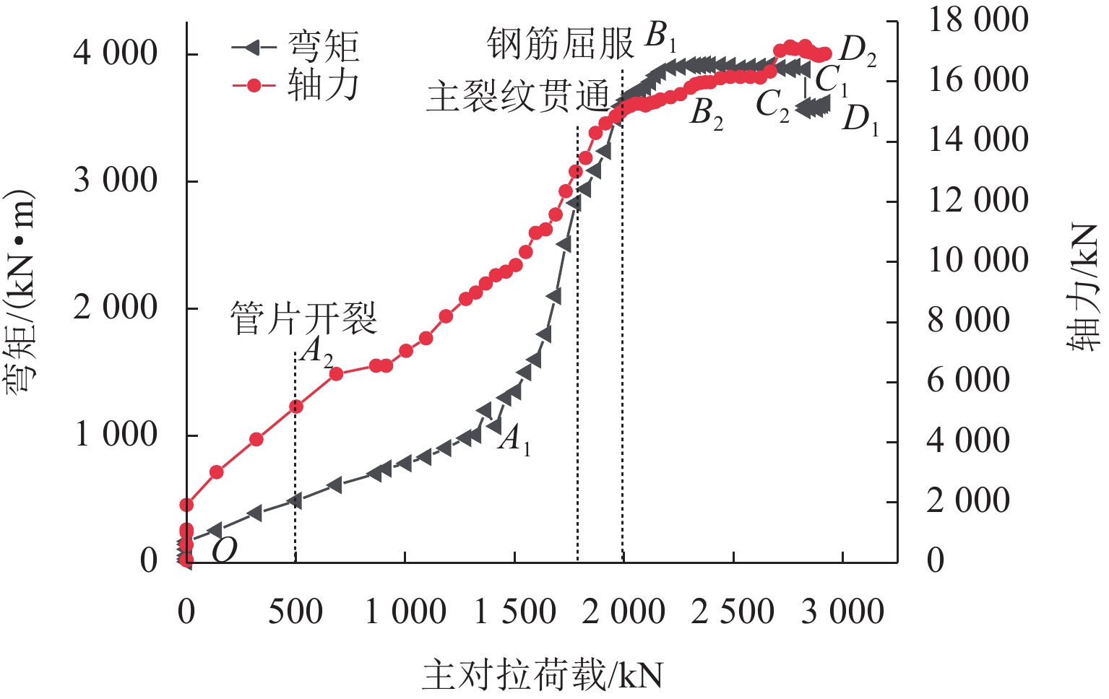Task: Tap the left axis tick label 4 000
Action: (x=116, y=53)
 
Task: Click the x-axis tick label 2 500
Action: (x=733, y=612)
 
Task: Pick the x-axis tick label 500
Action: (x=295, y=612)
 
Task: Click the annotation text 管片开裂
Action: (x=303, y=318)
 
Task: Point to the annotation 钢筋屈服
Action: (x=560, y=43)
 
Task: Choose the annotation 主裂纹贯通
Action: (x=518, y=96)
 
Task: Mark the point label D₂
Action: (x=858, y=51)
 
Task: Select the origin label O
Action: (x=224, y=550)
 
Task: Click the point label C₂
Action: (x=772, y=105)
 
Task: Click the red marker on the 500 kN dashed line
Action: (x=295, y=407)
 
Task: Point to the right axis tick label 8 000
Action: (x=968, y=320)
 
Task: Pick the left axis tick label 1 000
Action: (x=116, y=435)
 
